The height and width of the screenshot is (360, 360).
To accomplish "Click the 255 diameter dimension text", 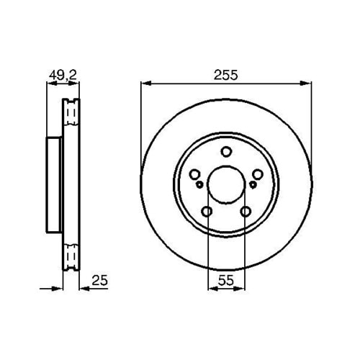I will click(225, 74).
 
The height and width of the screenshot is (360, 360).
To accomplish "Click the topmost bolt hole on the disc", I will click(226, 151).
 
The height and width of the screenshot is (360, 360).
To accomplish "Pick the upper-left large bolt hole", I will click(195, 174).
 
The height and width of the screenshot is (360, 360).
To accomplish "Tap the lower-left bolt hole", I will click(207, 212).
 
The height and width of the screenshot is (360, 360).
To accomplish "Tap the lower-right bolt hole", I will click(246, 212).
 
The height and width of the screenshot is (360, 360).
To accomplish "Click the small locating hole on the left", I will click(199, 185).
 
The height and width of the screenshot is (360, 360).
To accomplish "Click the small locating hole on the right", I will click(253, 185).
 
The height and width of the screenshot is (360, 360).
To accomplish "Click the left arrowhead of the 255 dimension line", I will click(144, 84).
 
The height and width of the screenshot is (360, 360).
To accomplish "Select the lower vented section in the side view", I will click(70, 256).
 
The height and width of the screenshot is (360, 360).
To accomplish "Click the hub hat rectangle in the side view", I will click(53, 186).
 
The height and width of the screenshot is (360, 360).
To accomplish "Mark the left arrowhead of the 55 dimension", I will click(210, 287).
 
